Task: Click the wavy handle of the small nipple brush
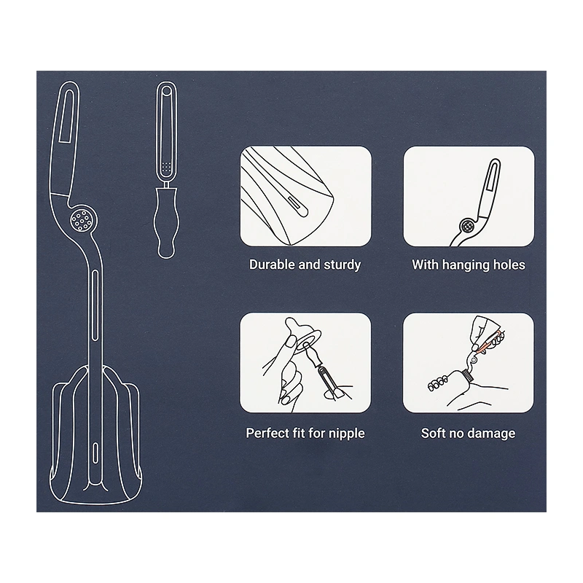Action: coord(166,223)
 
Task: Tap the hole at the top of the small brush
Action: coord(167,90)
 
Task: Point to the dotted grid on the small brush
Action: coord(167,167)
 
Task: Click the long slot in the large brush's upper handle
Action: coord(66,116)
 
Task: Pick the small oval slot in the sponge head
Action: coord(96,452)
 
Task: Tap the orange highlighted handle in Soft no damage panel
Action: coord(485,345)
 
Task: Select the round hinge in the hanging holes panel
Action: coord(468,225)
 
